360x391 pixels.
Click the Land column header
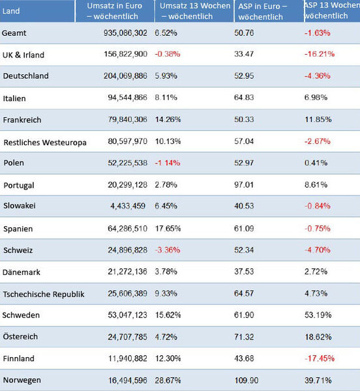coord(11,11)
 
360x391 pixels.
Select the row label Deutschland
coord(25,76)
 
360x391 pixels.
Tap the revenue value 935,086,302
coord(125,33)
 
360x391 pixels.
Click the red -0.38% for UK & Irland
coord(168,54)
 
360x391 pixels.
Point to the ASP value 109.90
coord(247,381)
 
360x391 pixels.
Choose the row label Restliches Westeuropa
coord(45,142)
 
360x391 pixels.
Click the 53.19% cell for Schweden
coord(318,315)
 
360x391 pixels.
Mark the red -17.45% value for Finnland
coord(320,358)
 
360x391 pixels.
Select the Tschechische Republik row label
coord(44,295)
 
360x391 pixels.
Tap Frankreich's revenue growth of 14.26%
coord(168,119)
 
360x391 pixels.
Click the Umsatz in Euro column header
coord(114,11)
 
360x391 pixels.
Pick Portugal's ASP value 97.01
coord(244,185)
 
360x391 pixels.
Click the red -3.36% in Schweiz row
coord(168,250)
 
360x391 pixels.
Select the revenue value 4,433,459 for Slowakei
coord(128,206)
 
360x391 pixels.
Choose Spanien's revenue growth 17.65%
coord(168,229)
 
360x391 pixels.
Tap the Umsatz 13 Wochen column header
coord(195,11)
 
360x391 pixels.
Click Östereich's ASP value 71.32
coord(244,337)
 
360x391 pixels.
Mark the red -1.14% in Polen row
coord(168,163)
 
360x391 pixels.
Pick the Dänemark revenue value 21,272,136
coord(127,272)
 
